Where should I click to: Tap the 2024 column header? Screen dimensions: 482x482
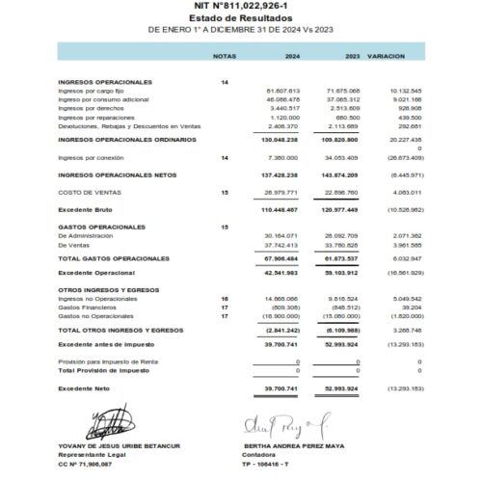coord(292,57)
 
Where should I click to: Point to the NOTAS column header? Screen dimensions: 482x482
coord(224,57)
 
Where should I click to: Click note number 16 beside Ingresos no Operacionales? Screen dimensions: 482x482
coord(225,300)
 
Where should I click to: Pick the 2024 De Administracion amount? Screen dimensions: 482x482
coord(282,235)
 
